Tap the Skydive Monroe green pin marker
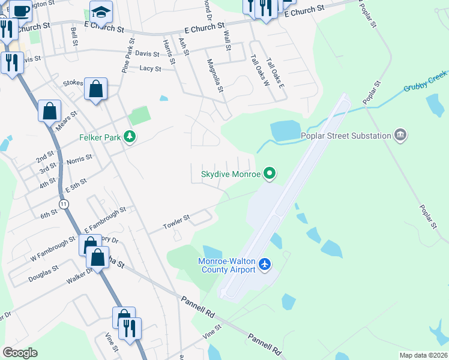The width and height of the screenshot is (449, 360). [270, 174]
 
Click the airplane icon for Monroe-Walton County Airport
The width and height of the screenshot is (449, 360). [266, 264]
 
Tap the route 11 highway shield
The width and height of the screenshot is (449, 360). [64, 205]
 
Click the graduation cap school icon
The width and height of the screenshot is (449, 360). [101, 12]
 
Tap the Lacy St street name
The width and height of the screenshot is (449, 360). [150, 69]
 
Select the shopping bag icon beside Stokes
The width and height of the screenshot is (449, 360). [95, 89]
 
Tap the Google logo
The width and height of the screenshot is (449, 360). [20, 352]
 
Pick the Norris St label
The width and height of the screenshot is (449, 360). [79, 160]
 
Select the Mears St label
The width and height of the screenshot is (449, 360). [67, 118]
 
